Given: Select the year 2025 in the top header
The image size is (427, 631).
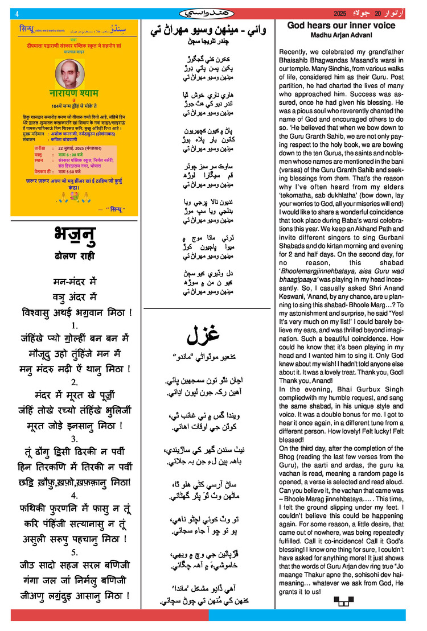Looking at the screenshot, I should (x=340, y=13).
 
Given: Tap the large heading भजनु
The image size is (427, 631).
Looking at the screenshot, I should (x=74, y=235).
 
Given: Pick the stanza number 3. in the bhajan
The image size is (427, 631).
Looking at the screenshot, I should (x=74, y=439).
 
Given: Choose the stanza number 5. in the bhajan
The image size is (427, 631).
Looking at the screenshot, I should (x=74, y=552).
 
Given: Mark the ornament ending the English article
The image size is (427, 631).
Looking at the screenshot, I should (x=343, y=600).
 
